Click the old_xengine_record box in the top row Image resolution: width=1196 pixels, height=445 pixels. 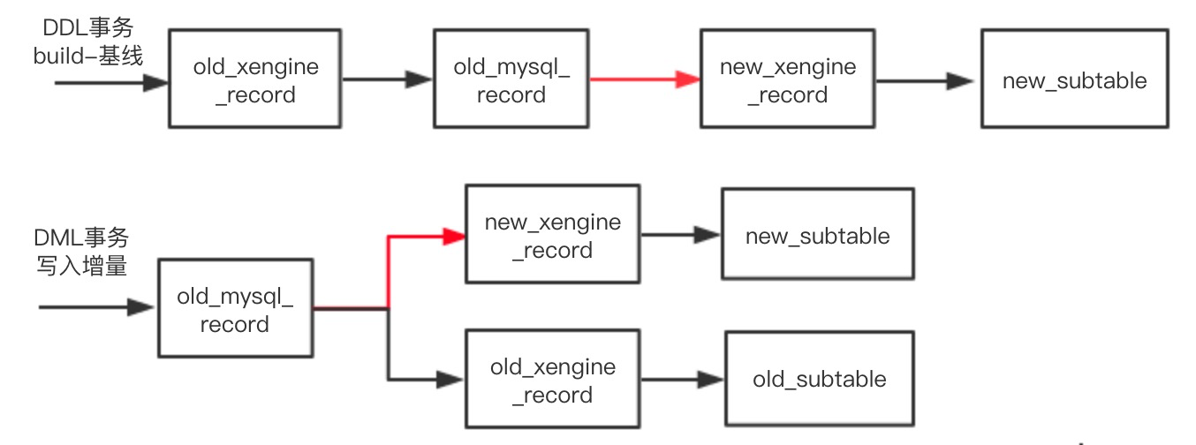tap(254, 79)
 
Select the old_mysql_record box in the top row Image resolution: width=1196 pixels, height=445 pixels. tap(511, 79)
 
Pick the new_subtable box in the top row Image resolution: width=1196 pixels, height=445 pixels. tap(1074, 81)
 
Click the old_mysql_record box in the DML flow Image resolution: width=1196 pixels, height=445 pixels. tap(235, 308)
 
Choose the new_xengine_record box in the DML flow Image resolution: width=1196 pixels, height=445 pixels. tap(552, 234)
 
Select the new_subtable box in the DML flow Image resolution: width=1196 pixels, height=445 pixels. tap(817, 235)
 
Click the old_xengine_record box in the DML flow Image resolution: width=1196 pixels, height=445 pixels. tap(552, 380)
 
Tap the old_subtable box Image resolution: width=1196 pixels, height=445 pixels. tap(819, 380)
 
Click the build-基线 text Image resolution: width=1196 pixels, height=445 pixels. tap(88, 57)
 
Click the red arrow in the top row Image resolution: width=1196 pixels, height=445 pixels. tap(644, 79)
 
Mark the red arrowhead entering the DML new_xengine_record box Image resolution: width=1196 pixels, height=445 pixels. tap(454, 236)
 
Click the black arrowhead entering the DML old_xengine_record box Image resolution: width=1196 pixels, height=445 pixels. tap(450, 380)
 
